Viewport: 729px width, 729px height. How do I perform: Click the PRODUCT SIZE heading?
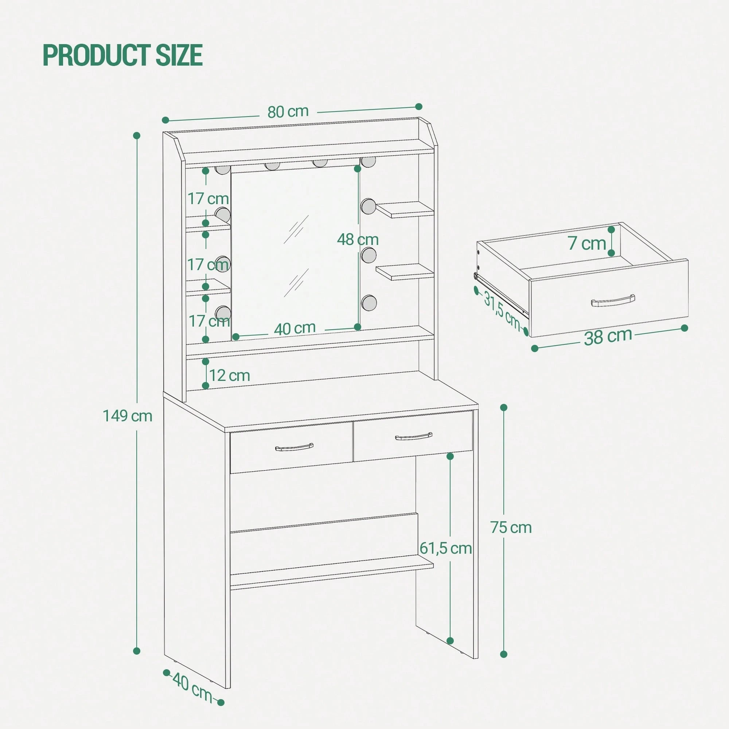(x=123, y=55)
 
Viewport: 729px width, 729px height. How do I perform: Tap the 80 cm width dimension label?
(x=288, y=112)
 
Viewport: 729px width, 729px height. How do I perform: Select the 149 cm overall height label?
(x=128, y=416)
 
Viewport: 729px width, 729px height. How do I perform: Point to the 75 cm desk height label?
(x=511, y=527)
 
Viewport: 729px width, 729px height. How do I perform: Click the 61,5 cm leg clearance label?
(x=446, y=548)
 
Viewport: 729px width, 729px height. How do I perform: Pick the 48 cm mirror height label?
(x=358, y=239)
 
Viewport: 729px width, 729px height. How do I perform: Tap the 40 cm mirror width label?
(x=295, y=329)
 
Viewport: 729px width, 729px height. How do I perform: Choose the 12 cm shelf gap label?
(x=229, y=375)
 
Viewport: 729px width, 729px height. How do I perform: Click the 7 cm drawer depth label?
(x=587, y=243)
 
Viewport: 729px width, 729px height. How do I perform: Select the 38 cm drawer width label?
(x=608, y=336)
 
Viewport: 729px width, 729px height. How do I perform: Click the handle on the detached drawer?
(x=613, y=301)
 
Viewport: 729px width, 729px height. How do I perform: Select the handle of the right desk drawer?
(x=414, y=437)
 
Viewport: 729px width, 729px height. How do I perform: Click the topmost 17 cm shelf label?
(x=208, y=199)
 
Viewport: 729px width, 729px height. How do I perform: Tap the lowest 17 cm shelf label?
(x=209, y=321)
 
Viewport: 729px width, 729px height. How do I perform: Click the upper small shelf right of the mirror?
(x=405, y=210)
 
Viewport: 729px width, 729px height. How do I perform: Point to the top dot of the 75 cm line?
(x=503, y=407)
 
